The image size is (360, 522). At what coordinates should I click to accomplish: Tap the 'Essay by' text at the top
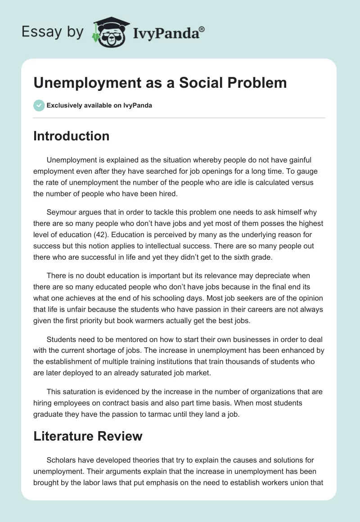tap(52, 32)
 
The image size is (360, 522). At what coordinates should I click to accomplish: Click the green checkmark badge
tap(38, 105)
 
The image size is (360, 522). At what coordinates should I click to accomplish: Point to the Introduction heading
tap(71, 136)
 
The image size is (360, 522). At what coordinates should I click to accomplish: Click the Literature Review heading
tap(88, 436)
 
